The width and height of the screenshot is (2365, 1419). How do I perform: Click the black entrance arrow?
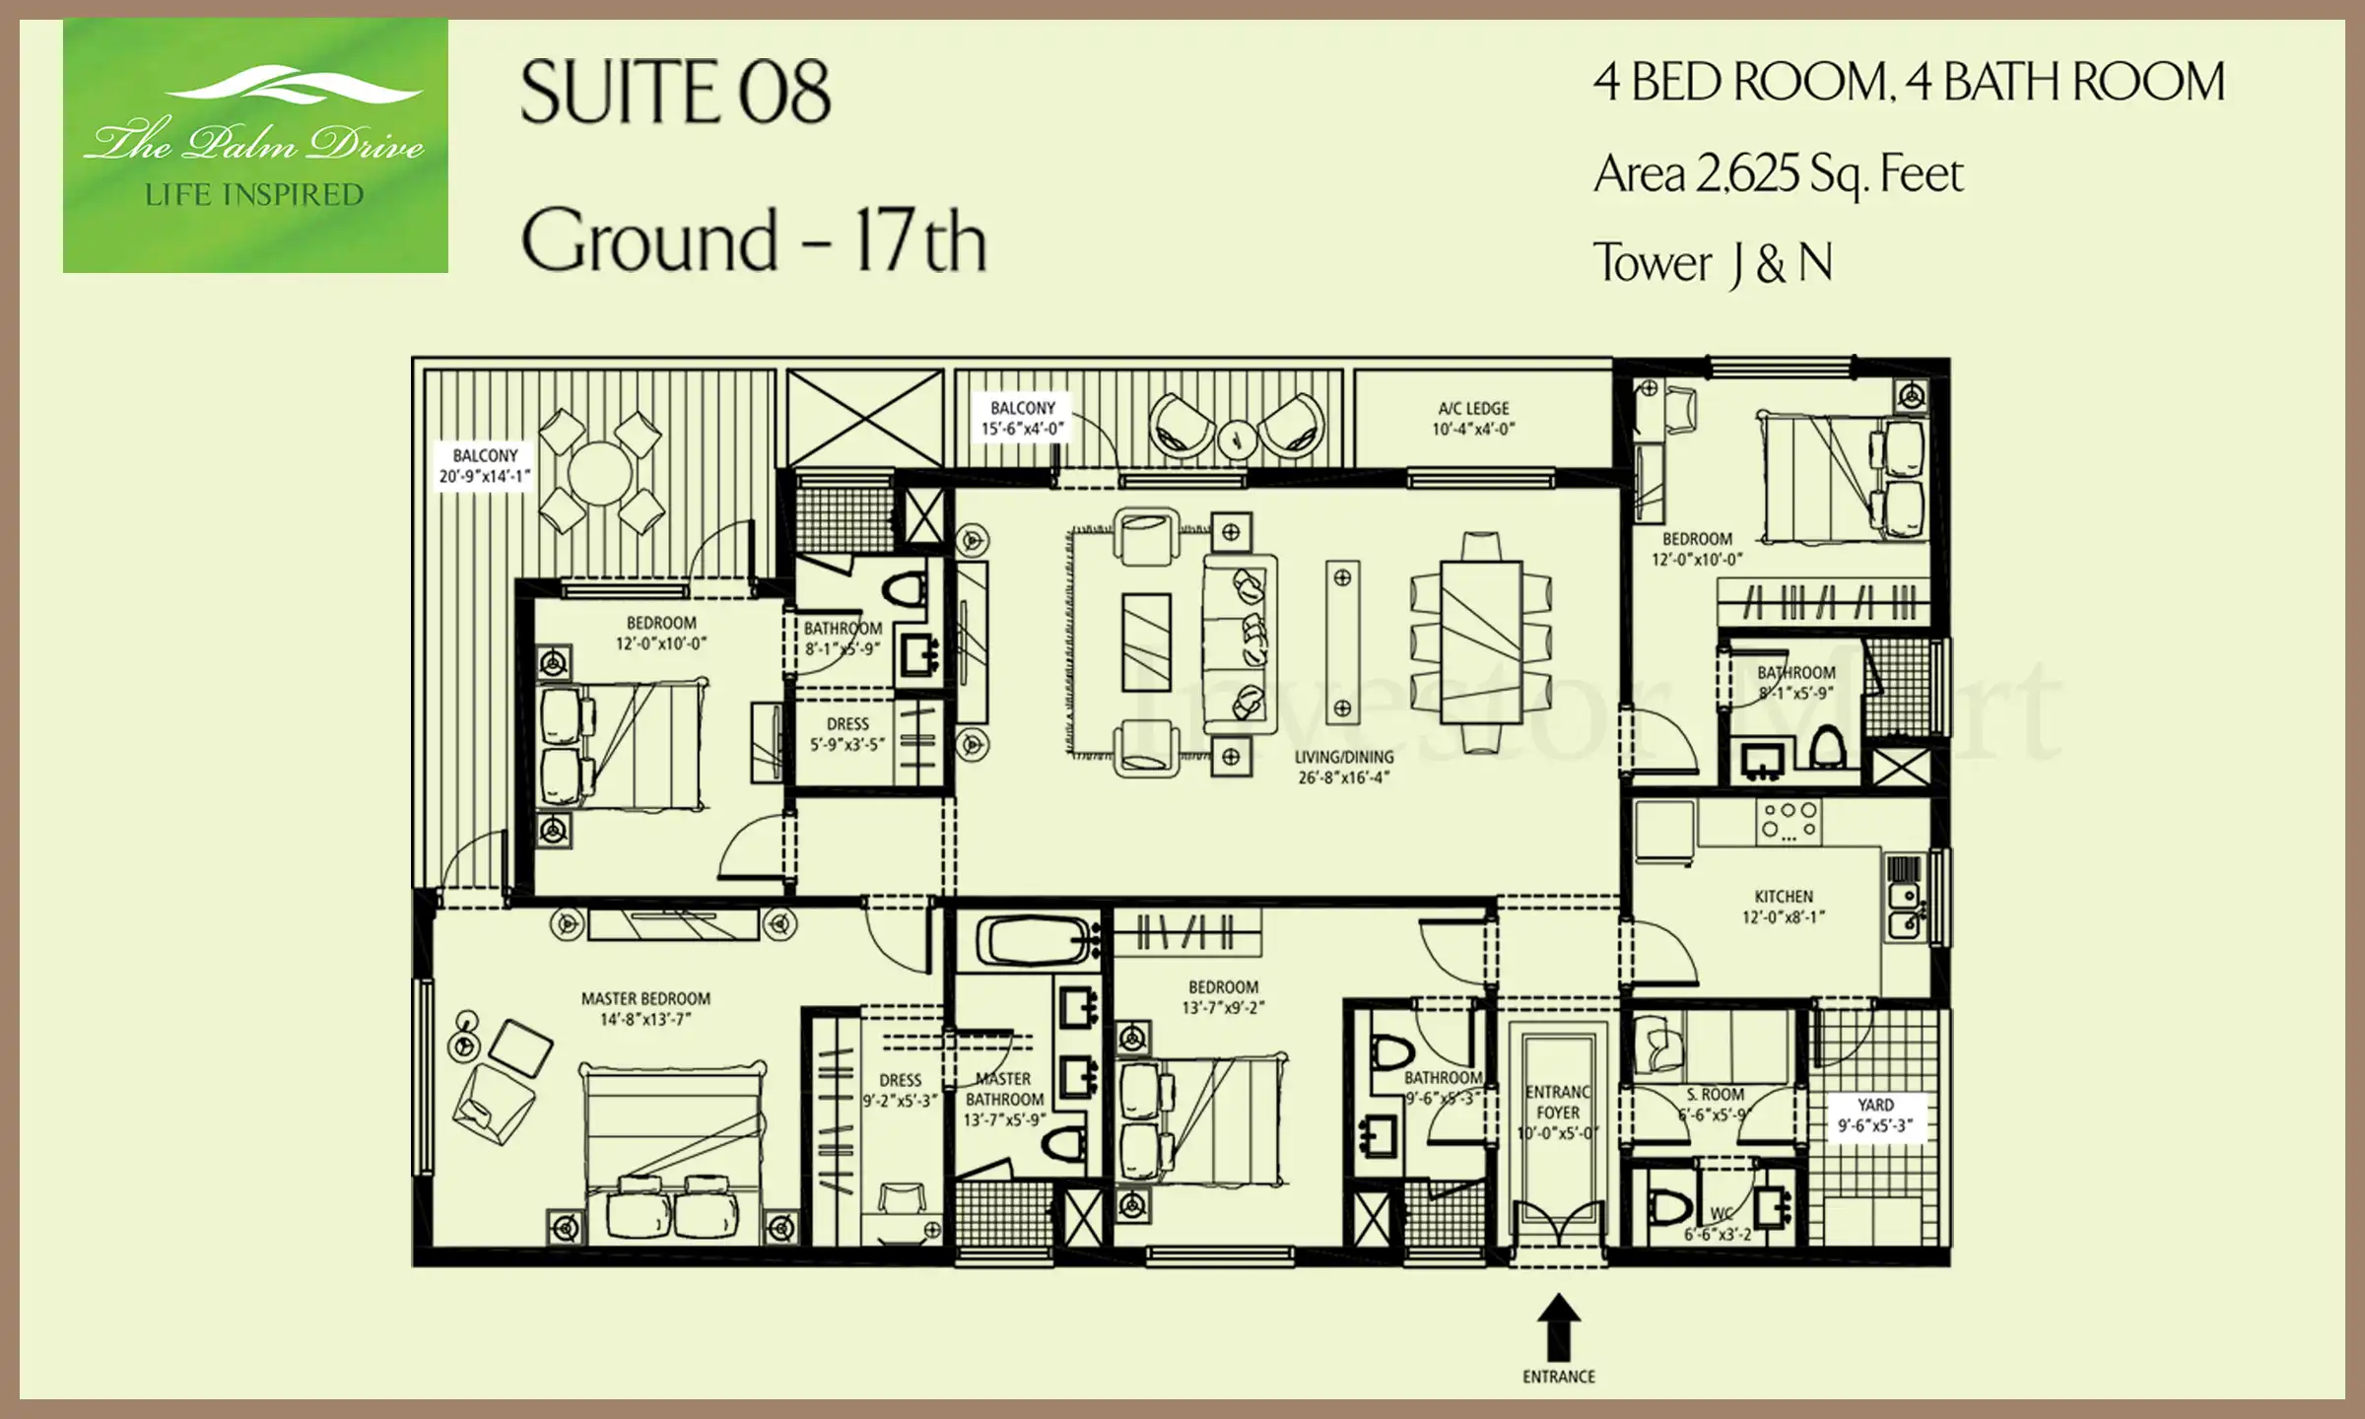click(x=1559, y=1326)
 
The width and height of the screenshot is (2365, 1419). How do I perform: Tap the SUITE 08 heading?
click(x=675, y=92)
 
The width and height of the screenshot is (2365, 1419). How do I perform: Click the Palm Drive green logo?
click(x=255, y=146)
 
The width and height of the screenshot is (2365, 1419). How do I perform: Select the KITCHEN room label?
click(x=1784, y=907)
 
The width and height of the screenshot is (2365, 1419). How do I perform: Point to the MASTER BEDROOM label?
click(x=645, y=1008)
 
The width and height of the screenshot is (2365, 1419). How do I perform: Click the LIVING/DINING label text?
click(x=1344, y=767)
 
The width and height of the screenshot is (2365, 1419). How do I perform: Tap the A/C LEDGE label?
click(x=1473, y=418)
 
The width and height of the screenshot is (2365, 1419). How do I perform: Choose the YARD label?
click(x=1875, y=1115)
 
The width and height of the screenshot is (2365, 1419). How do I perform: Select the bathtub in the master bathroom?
click(x=1041, y=940)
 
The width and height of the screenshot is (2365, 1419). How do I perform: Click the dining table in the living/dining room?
click(x=1481, y=642)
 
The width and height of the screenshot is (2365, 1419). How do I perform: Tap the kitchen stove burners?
click(x=1791, y=821)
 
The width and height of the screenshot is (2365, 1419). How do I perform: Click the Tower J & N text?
click(x=1713, y=263)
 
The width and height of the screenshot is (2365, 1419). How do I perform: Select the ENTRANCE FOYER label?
click(x=1558, y=1113)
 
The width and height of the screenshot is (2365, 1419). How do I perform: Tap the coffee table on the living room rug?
click(x=1147, y=642)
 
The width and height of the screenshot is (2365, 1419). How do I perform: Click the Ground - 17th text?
click(x=754, y=240)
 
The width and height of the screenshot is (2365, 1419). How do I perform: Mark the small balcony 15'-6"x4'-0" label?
click(x=1023, y=418)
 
